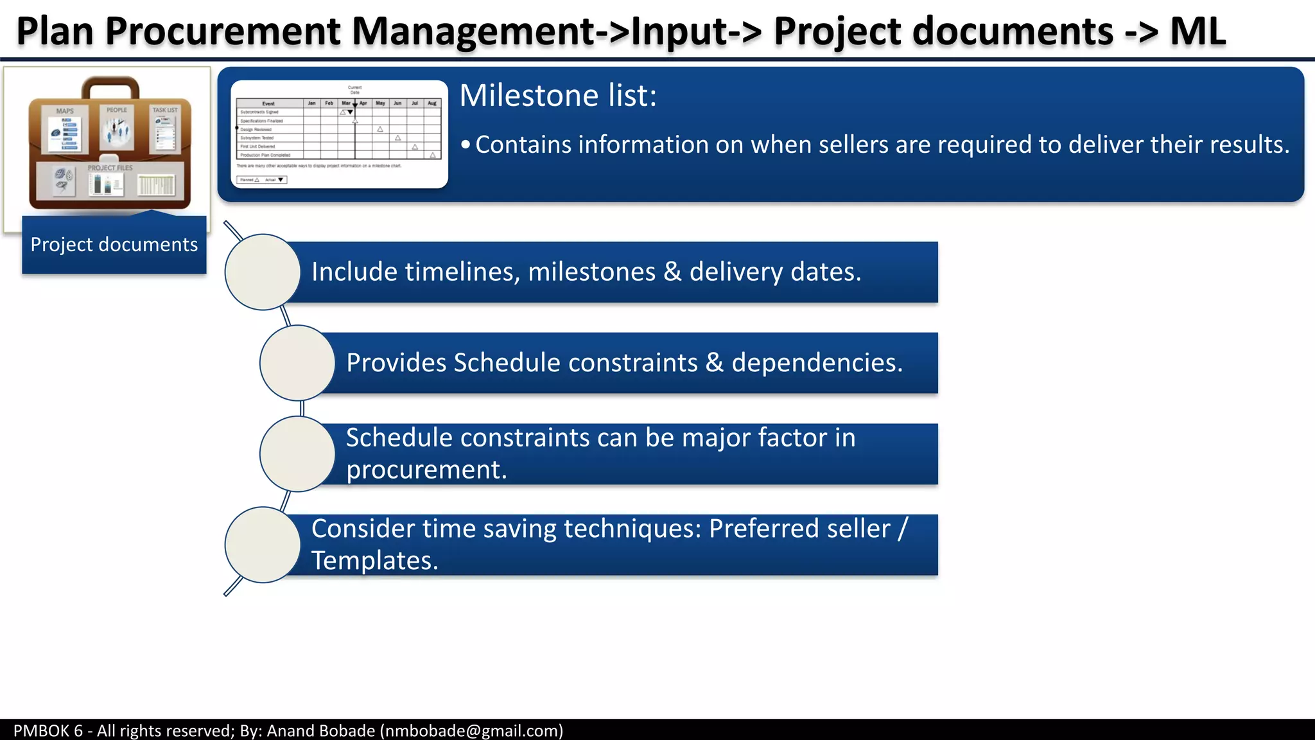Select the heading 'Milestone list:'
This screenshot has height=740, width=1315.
click(558, 96)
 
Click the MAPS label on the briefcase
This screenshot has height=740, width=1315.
click(65, 111)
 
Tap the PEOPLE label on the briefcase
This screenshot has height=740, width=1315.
click(117, 110)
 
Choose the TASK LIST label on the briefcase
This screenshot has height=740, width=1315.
click(165, 110)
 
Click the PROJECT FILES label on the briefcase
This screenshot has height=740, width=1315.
click(110, 168)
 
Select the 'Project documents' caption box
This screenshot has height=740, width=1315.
click(114, 245)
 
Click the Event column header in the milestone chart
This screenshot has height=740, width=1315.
click(268, 103)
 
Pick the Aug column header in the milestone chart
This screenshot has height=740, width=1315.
click(432, 103)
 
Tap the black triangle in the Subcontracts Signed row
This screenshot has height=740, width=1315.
click(350, 112)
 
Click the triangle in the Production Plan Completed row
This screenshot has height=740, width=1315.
click(433, 155)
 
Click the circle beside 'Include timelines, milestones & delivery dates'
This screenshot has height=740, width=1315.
click(263, 272)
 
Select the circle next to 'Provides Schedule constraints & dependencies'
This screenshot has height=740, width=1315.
click(297, 363)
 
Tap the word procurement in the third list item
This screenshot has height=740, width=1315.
click(426, 470)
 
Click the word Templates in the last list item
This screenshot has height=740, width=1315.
click(374, 561)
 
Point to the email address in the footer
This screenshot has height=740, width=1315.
click(471, 731)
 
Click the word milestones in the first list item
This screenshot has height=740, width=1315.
click(591, 272)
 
